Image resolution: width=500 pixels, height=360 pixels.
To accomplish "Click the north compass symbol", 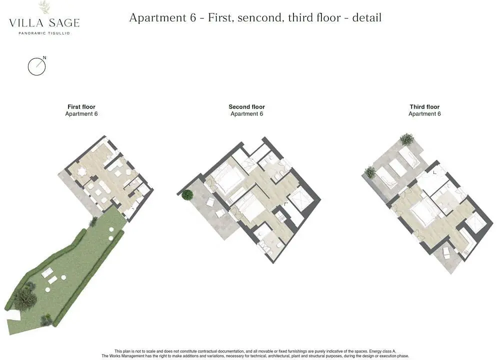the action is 36,66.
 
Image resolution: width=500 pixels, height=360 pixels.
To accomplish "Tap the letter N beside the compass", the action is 44,57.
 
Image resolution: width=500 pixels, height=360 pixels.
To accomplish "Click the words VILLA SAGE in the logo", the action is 44,22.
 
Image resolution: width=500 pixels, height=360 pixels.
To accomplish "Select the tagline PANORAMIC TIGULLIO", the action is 44,33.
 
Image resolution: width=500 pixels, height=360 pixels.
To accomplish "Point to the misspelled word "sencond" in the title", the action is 260,18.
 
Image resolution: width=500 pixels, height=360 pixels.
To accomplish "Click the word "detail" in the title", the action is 366,17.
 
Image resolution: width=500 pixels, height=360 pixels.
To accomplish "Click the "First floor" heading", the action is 81,107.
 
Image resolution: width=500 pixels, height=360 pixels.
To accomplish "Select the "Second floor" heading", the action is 247,107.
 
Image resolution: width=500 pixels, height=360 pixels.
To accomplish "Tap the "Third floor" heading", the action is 424,107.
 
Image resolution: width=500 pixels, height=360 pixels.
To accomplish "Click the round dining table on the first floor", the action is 82,172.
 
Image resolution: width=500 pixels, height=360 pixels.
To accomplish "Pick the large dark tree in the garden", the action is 25,298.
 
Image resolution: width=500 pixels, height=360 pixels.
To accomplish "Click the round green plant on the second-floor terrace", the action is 187,195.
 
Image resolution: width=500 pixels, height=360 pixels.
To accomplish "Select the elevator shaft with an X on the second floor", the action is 301,199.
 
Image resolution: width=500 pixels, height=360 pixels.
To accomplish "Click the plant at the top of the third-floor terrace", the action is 407,139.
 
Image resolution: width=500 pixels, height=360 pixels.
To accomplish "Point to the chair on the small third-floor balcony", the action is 446,253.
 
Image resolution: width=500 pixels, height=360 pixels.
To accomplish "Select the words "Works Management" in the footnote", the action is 127,356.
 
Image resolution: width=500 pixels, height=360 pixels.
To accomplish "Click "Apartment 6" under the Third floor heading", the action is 424,114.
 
